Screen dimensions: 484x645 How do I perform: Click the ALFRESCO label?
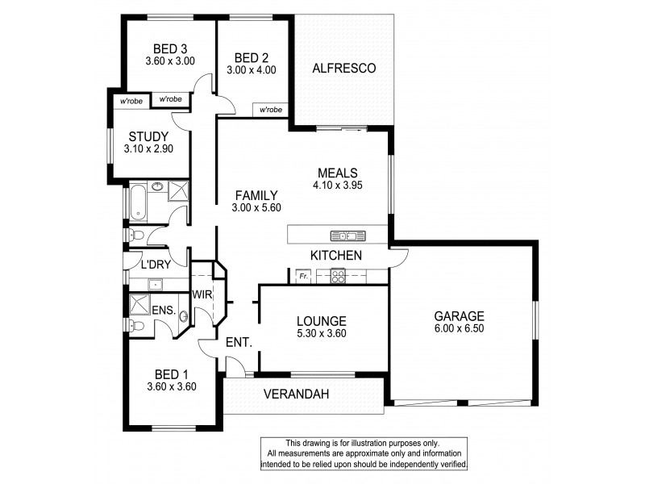click(x=344, y=69)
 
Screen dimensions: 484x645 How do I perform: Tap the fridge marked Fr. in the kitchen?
click(x=303, y=277)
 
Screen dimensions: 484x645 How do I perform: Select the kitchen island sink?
click(x=347, y=236)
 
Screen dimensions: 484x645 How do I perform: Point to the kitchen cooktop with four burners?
click(x=339, y=277)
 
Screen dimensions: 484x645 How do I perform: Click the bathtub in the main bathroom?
click(x=139, y=202)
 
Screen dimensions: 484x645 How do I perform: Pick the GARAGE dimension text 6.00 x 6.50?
click(x=459, y=329)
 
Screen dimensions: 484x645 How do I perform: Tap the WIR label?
click(x=202, y=294)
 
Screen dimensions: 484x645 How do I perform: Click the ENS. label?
click(x=164, y=310)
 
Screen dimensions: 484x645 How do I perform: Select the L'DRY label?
click(x=154, y=265)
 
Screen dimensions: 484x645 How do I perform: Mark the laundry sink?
click(x=155, y=283)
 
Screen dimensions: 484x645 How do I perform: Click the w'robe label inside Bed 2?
click(x=270, y=110)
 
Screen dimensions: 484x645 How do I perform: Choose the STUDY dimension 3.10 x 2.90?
click(x=147, y=148)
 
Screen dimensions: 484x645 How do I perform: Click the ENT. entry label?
click(x=239, y=343)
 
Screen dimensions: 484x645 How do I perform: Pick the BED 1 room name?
click(x=171, y=373)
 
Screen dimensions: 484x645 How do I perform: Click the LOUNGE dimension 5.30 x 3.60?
click(x=321, y=333)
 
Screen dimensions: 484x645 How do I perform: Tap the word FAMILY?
click(x=256, y=195)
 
